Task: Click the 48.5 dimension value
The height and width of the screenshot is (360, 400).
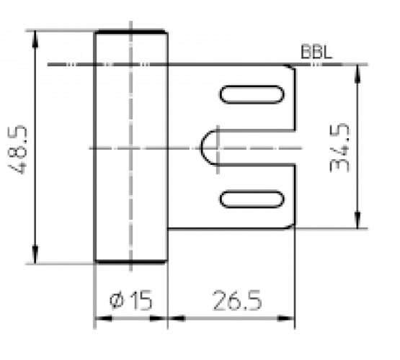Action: pos(17,150)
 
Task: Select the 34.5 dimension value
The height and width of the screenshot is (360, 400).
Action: pos(339,148)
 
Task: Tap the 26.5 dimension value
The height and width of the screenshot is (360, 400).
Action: pos(237,300)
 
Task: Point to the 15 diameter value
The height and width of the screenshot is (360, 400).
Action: pos(141,300)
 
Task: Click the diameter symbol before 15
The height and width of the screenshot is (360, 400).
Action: pos(117,301)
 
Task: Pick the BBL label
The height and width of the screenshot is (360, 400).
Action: pos(316,52)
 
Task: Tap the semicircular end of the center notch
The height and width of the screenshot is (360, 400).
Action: pos(201,148)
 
